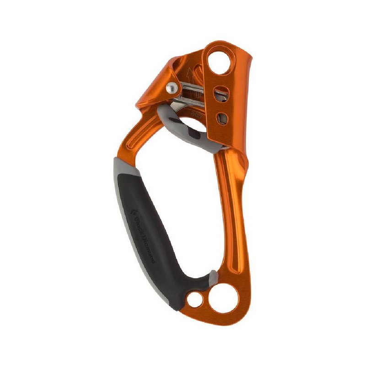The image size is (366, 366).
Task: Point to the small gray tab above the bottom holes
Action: pos(213,276)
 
